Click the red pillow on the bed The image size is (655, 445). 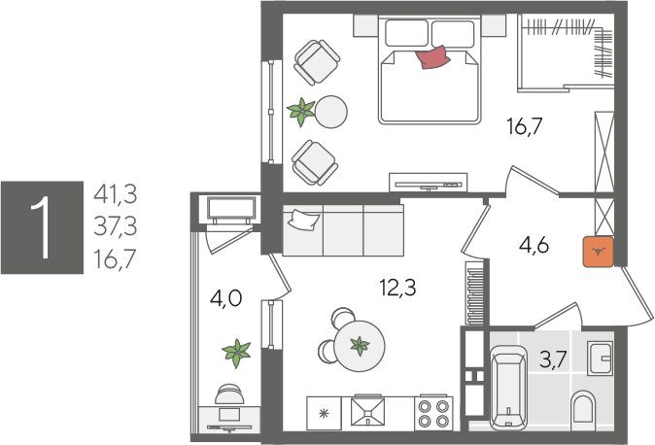pos(432,56)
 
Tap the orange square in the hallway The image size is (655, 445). pos(599,252)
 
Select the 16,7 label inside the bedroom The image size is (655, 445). pos(525,126)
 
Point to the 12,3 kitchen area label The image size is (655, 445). pos(397,288)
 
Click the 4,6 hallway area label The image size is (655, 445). pos(534,245)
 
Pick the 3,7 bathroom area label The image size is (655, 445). pos(553,359)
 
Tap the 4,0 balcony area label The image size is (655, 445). pos(226,298)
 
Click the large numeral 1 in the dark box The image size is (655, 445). pos(42,227)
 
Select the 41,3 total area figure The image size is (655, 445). pos(116,194)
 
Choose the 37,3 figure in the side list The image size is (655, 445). pos(116,226)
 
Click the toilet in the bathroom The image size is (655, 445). pos(583,406)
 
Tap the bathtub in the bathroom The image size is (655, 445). pos(508,388)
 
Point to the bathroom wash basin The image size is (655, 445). pos(601,359)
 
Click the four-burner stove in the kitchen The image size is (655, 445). pos(433,413)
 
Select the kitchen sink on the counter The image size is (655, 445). pos(367,412)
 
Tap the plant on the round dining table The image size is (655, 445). pos(360,346)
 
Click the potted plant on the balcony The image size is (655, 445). pos(236,353)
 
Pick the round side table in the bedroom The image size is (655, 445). pos(330,112)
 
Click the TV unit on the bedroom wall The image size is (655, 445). pos(429,183)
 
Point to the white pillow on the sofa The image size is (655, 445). pos(303,220)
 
